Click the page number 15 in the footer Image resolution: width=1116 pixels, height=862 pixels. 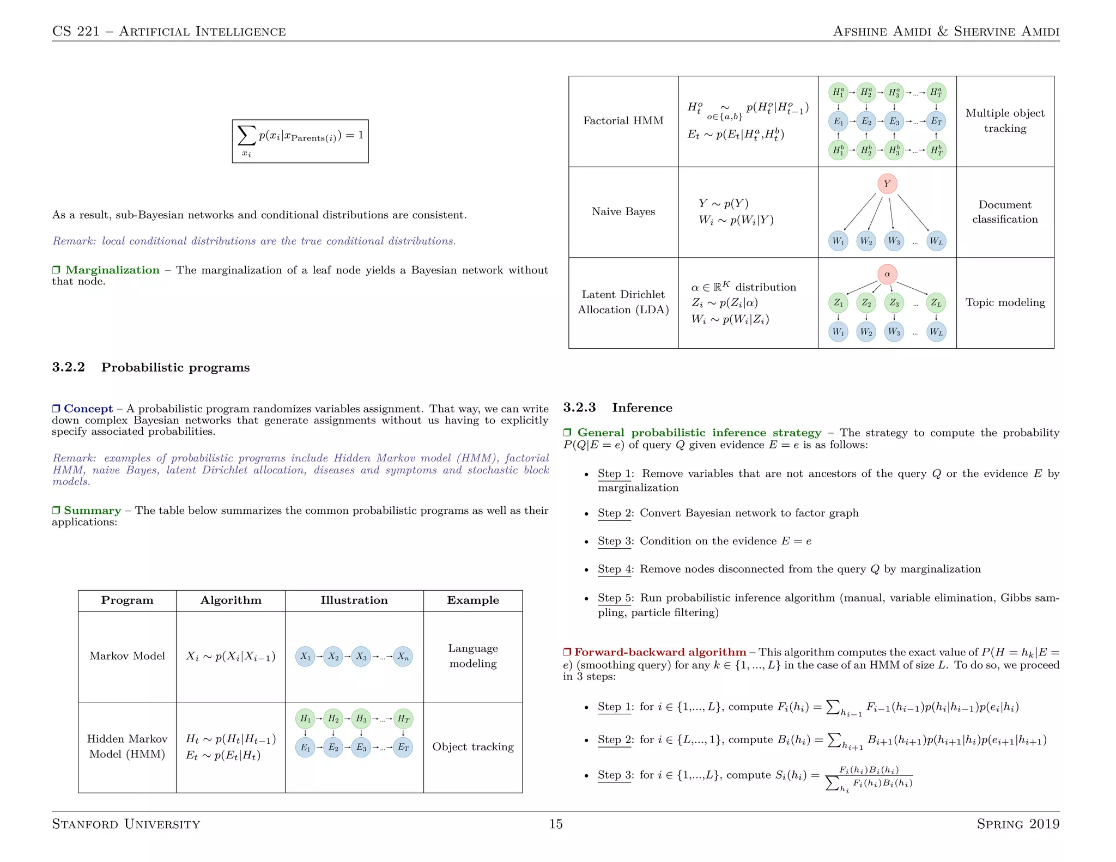pyautogui.click(x=555, y=823)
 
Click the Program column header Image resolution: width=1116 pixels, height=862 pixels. pyautogui.click(x=127, y=600)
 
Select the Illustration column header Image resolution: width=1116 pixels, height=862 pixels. pyautogui.click(x=354, y=600)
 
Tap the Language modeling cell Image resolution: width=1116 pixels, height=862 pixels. pyautogui.click(x=472, y=655)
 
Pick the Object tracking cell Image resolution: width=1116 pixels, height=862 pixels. pyautogui.click(x=472, y=746)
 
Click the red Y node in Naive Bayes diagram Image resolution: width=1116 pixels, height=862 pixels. pyautogui.click(x=887, y=184)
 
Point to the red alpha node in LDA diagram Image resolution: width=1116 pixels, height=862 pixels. pyautogui.click(x=887, y=274)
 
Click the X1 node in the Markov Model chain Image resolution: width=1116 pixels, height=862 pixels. pyautogui.click(x=305, y=657)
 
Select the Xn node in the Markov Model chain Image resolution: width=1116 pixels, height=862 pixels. pyautogui.click(x=403, y=657)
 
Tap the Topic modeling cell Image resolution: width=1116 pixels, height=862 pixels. pyautogui.click(x=1005, y=302)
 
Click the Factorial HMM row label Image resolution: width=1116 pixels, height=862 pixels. pyautogui.click(x=623, y=120)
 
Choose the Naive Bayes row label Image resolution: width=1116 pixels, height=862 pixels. pyautogui.click(x=623, y=211)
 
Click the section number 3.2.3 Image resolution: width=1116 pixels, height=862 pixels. pyautogui.click(x=579, y=408)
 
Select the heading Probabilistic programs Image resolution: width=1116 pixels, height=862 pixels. pyautogui.click(x=175, y=367)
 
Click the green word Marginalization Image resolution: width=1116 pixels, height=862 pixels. pyautogui.click(x=112, y=270)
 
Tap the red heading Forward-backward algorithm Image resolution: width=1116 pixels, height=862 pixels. pyautogui.click(x=660, y=652)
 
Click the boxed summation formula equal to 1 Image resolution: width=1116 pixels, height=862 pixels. pyautogui.click(x=300, y=141)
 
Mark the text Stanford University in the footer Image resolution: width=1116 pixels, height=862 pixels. pyautogui.click(x=126, y=824)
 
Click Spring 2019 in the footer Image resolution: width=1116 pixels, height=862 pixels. pyautogui.click(x=1017, y=824)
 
